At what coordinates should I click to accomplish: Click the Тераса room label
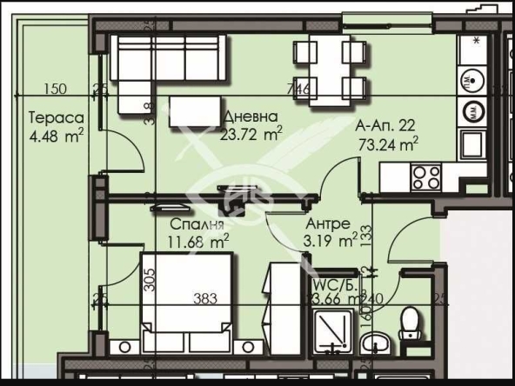55,117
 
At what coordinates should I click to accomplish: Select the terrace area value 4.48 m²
56,134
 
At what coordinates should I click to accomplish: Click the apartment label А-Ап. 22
387,127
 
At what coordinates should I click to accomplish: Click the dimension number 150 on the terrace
55,88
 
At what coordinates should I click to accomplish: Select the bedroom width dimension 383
204,298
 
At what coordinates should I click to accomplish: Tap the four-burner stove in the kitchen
426,177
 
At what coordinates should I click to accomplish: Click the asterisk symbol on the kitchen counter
476,40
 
